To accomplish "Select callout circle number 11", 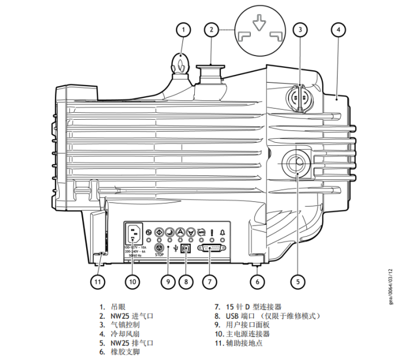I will pyautogui.click(x=97, y=282).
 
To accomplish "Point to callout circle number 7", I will pyautogui.click(x=209, y=282).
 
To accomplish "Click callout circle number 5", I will pyautogui.click(x=297, y=282).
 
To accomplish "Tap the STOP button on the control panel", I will pyautogui.click(x=159, y=248).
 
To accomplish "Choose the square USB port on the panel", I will pyautogui.click(x=186, y=248).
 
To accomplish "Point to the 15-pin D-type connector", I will pyautogui.click(x=211, y=248).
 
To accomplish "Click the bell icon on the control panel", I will pyautogui.click(x=223, y=232).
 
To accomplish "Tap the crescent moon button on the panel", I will pyautogui.click(x=170, y=232).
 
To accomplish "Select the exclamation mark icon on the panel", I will pyautogui.click(x=211, y=232).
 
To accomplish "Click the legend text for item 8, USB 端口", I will pyautogui.click(x=266, y=316).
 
